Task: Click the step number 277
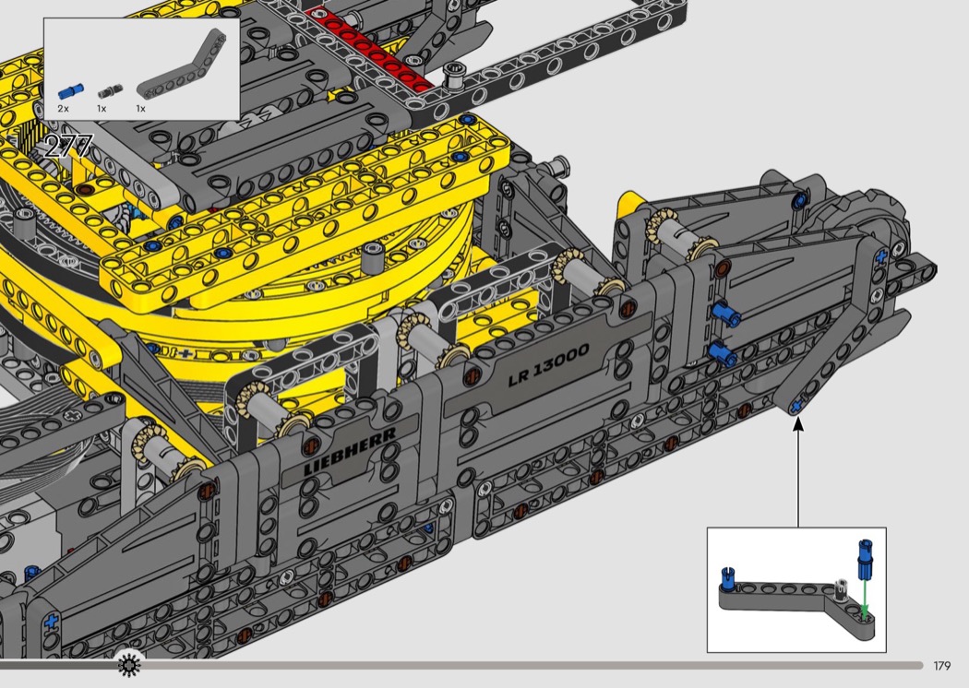click(68, 147)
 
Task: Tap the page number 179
click(942, 666)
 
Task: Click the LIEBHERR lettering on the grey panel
click(350, 451)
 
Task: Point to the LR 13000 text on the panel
click(549, 365)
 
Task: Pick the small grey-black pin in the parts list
click(110, 91)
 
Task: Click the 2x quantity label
click(63, 109)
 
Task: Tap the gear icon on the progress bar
click(128, 665)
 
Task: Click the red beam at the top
click(371, 48)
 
